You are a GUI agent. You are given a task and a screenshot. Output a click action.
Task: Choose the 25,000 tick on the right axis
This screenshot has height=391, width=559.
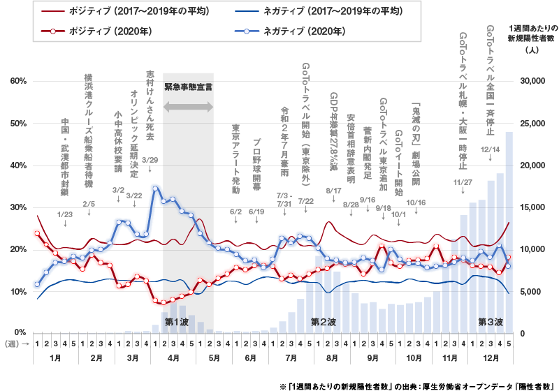[x=533, y=124]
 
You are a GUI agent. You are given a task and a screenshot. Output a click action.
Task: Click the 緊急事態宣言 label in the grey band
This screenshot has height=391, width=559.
[x=188, y=87]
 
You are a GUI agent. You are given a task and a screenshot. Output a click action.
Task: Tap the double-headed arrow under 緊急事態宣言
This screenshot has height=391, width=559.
[x=188, y=107]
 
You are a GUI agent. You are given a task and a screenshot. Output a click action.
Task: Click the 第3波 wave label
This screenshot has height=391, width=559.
[x=490, y=322]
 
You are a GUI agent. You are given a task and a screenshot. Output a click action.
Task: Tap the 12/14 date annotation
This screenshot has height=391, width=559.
[x=490, y=149]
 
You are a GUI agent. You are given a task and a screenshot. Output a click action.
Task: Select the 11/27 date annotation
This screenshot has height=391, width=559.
[x=462, y=182]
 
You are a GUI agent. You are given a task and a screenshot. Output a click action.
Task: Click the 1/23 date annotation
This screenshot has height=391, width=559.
[x=64, y=214]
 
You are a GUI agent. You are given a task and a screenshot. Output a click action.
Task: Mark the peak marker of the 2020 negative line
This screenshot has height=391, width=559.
[x=154, y=187]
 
